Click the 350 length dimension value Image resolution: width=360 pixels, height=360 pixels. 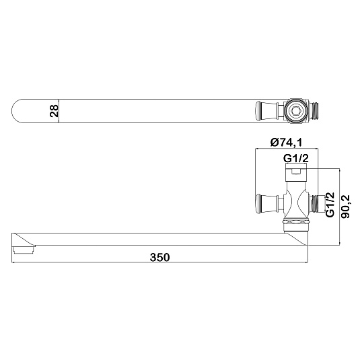pos(159,257)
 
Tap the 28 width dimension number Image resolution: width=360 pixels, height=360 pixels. pos(55,111)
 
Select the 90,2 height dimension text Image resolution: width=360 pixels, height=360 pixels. pos(345,207)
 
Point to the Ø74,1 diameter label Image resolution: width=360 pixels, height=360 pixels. pos(286,143)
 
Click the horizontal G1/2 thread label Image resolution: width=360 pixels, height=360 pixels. pos(295,158)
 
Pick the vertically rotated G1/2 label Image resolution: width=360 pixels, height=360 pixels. pos(330,205)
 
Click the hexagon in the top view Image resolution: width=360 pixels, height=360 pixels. pos(295,112)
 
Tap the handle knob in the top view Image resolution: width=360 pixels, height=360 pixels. pos(258,111)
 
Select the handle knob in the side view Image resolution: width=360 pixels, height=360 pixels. pos(258,204)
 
